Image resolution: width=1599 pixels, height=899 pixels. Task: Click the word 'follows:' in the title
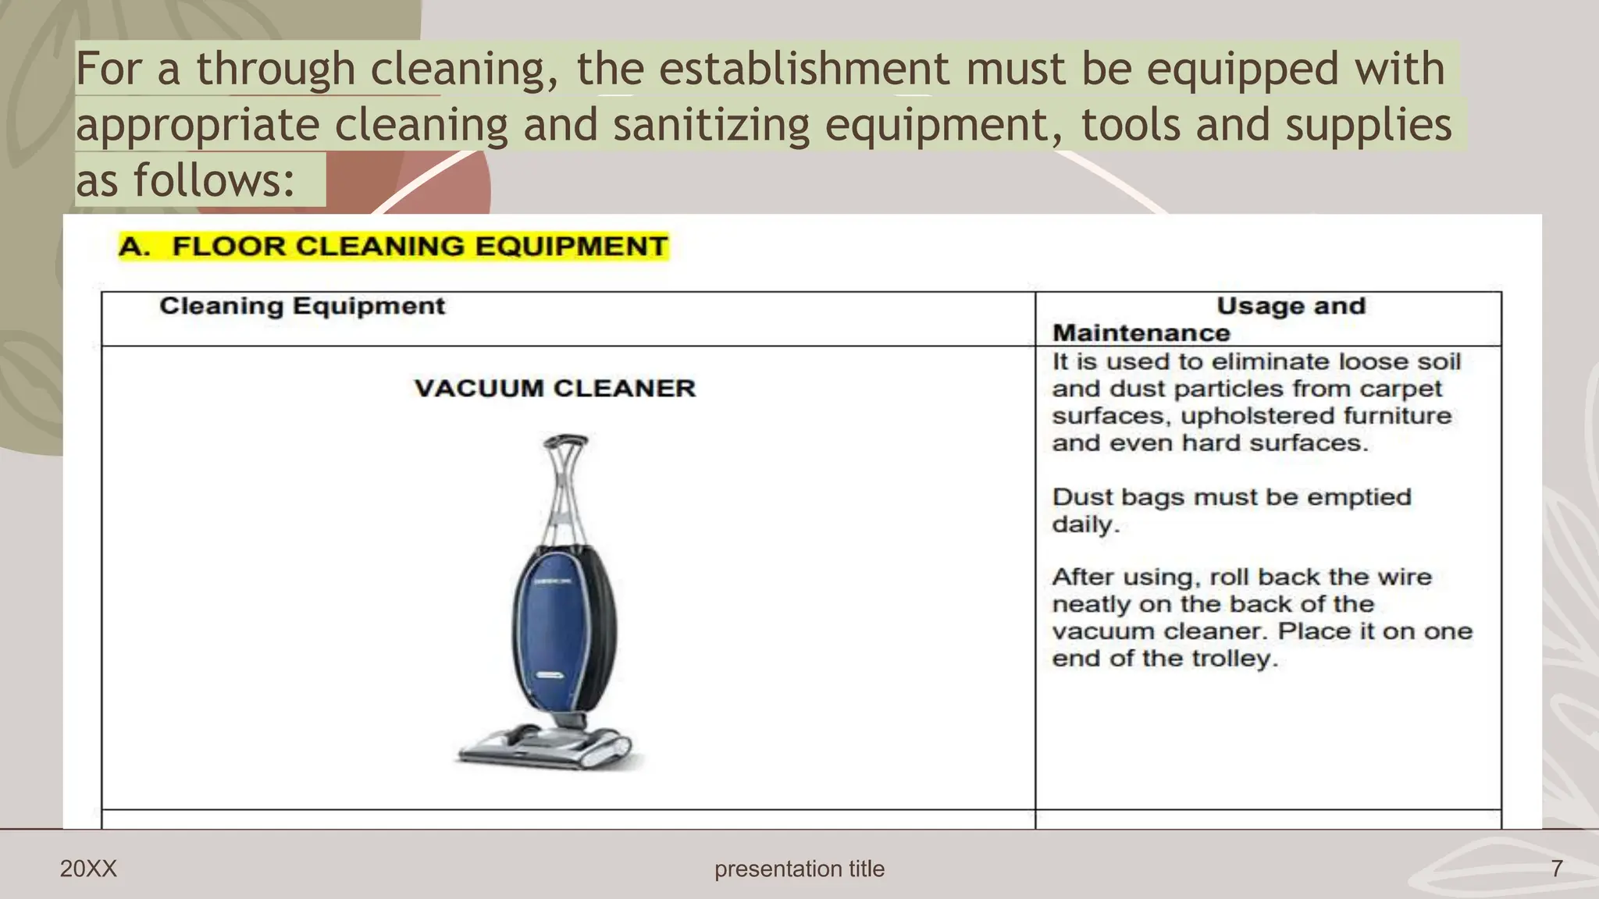click(214, 180)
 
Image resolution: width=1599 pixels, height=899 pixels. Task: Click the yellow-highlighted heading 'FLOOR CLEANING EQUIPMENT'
click(419, 247)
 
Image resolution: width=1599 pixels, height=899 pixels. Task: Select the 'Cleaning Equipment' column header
click(302, 306)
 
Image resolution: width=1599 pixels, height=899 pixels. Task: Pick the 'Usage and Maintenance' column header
click(1290, 307)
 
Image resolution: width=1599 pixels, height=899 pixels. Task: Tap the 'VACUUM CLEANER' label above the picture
click(554, 388)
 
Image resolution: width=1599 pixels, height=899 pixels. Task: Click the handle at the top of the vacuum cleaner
click(565, 442)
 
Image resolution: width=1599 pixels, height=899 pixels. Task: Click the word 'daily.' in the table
click(1085, 524)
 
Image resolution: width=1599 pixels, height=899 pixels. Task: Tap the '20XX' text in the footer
click(88, 869)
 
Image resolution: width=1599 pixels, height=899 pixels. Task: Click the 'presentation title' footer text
click(799, 869)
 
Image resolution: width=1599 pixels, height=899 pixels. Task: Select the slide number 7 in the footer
click(1557, 869)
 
